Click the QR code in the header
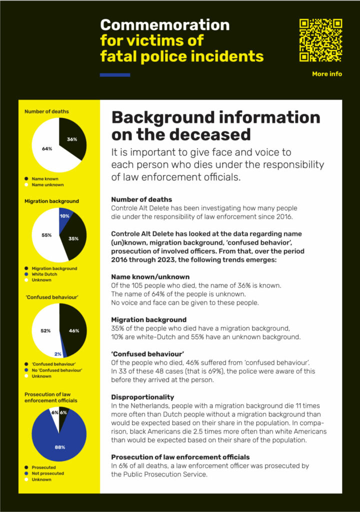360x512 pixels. (320, 40)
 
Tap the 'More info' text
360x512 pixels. (327, 74)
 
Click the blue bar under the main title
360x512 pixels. (115, 75)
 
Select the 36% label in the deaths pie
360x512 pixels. (72, 139)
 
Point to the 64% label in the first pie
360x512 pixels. (47, 148)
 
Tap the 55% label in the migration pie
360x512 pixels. (46, 235)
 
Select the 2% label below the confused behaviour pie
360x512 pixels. (58, 354)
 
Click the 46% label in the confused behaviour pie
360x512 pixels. (74, 330)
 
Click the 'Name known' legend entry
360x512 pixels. (43, 178)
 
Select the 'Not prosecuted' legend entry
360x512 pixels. (47, 473)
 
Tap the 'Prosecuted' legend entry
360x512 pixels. (43, 467)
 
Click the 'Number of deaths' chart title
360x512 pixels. (46, 111)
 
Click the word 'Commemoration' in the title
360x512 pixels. (165, 25)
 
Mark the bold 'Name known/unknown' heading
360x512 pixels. (150, 276)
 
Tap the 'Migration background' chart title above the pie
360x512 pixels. (51, 201)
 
